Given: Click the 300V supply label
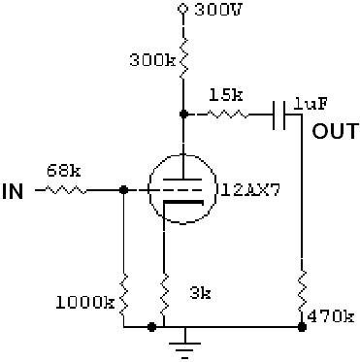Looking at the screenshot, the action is [x=218, y=10].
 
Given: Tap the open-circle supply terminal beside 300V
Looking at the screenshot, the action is [x=183, y=9].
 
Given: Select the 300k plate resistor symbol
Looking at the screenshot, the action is [x=183, y=58].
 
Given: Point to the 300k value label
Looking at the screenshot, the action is [x=152, y=60].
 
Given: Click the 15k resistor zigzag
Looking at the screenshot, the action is [x=228, y=115].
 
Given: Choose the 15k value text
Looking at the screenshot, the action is [x=226, y=95].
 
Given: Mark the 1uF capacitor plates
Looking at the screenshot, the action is [x=279, y=115].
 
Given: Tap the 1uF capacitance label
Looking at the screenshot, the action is [x=311, y=104].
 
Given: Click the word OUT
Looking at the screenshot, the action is [x=336, y=131].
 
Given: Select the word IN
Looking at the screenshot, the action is [x=13, y=191].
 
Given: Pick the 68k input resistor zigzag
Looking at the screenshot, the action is [x=65, y=190].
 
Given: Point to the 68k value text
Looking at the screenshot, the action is [x=64, y=171].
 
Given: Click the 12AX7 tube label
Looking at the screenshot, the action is [x=250, y=190].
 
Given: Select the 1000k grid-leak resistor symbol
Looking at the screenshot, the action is [x=124, y=295].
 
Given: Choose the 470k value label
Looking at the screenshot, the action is [x=330, y=316].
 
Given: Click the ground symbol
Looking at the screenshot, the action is [x=184, y=346].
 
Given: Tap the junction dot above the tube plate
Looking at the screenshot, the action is [x=183, y=114].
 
